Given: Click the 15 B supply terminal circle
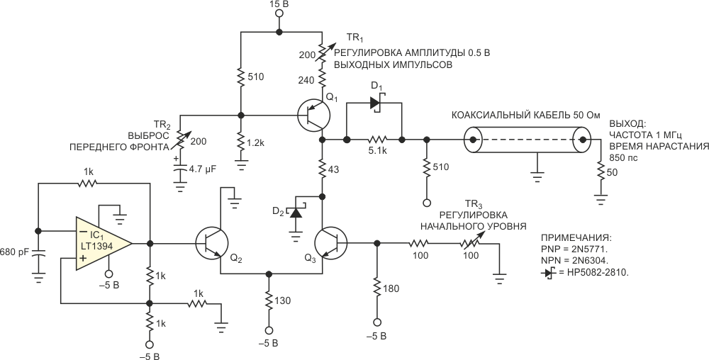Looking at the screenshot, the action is (279, 13).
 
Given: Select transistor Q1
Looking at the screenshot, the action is (314, 116).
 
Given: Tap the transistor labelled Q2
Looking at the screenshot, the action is (212, 244).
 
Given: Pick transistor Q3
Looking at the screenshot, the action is (331, 244).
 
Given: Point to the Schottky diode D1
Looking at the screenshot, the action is (375, 103).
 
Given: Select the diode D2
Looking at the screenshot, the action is (296, 211).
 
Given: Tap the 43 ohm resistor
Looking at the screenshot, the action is (323, 169).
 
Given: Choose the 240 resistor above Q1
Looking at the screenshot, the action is (323, 77).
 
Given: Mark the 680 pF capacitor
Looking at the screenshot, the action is (38, 255).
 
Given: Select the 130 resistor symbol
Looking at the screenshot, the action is (269, 301).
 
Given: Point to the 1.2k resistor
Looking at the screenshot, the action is (240, 144).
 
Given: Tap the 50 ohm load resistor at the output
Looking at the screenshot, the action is (601, 172).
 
